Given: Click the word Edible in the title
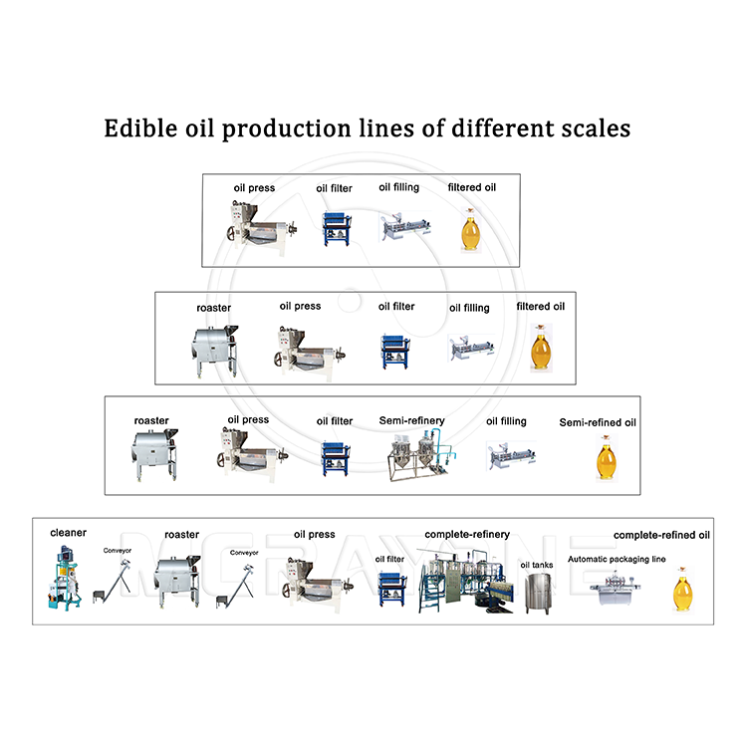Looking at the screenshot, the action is click(140, 128).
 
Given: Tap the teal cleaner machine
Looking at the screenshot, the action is click(65, 578).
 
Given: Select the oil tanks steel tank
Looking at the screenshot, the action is click(538, 594).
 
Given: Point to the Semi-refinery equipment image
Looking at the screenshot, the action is click(421, 455).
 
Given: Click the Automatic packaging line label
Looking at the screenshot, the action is click(617, 559).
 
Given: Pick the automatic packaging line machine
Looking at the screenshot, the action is click(616, 589).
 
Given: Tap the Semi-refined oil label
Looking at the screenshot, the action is click(598, 422).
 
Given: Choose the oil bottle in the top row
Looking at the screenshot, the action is click(470, 230).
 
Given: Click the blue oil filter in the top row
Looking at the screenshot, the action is click(337, 229).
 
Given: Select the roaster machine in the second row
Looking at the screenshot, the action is click(214, 352).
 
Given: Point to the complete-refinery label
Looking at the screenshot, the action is click(467, 535).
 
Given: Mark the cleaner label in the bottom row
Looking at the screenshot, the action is click(68, 533).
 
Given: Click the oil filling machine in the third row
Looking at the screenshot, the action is click(511, 455).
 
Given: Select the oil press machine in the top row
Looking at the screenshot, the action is click(261, 228).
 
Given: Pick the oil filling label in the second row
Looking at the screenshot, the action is click(469, 308).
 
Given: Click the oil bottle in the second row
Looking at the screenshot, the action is click(541, 348).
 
